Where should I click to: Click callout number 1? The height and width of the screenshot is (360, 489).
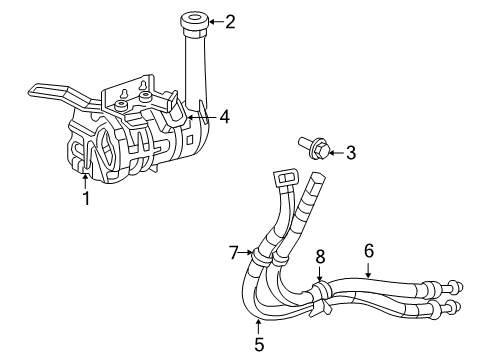(x=86, y=199)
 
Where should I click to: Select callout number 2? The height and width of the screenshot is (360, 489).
(x=230, y=20)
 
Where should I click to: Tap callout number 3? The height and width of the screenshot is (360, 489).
(x=350, y=153)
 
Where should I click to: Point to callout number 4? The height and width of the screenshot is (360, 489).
(x=224, y=117)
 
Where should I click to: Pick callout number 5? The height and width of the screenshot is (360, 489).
(x=258, y=347)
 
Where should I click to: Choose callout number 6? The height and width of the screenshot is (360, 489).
(x=369, y=250)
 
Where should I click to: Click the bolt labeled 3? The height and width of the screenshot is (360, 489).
(x=313, y=150)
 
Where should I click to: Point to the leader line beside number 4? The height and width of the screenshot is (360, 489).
(x=208, y=117)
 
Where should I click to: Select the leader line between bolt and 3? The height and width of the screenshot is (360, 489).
(x=334, y=152)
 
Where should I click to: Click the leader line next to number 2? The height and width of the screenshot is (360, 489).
(x=215, y=20)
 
